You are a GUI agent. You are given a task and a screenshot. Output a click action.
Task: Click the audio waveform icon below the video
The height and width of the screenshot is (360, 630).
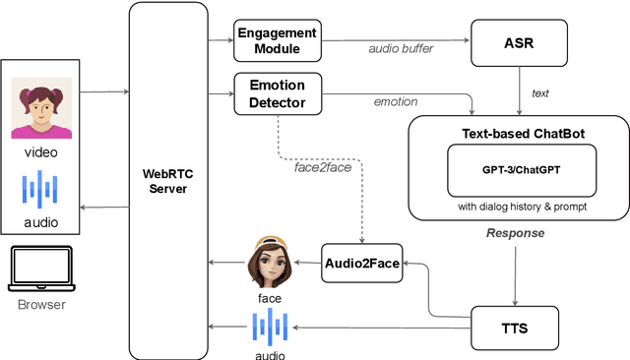[x=41, y=189]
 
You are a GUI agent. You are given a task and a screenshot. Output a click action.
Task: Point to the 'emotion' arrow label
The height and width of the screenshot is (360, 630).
[x=395, y=101]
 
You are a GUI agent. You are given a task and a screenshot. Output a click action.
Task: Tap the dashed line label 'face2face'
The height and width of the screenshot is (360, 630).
[x=323, y=167]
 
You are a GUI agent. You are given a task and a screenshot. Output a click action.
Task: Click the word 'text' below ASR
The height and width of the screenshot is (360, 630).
[x=539, y=93]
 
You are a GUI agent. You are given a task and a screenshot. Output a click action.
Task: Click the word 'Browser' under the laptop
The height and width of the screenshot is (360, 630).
[x=41, y=305]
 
